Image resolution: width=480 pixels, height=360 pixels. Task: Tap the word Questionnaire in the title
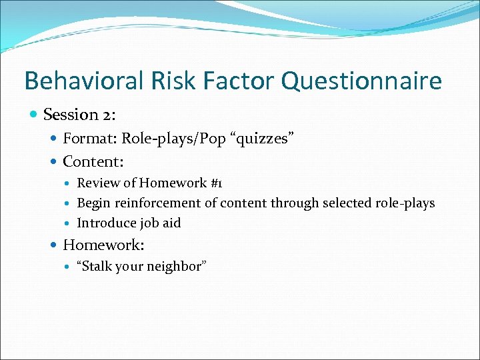coord(361,81)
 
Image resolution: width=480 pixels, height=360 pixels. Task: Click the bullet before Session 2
coord(34,115)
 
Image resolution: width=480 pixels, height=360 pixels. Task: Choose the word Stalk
coord(99,267)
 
